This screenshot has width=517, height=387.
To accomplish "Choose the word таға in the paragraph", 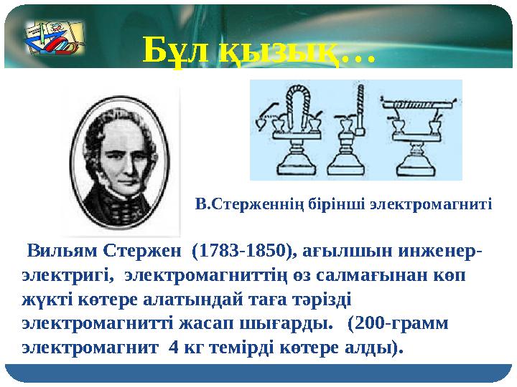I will click(271, 299).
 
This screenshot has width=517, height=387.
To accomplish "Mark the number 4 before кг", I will click(172, 347).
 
